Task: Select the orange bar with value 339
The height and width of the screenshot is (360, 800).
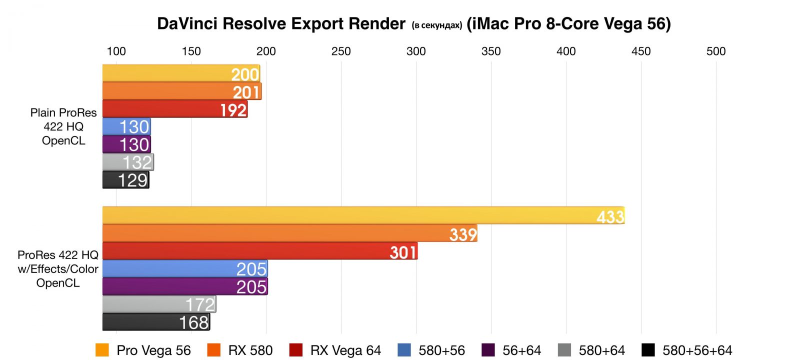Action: click(290, 233)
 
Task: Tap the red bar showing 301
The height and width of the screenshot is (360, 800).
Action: click(260, 251)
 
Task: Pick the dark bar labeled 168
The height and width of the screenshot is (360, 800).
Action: click(156, 322)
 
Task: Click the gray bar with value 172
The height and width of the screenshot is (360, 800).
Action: click(159, 304)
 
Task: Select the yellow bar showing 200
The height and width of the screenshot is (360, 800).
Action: click(181, 73)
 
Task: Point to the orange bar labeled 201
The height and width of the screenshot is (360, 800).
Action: click(182, 91)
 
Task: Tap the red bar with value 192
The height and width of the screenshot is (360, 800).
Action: click(175, 109)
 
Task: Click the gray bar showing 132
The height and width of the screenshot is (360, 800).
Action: click(128, 162)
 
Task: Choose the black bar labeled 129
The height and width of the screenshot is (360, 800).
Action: click(126, 180)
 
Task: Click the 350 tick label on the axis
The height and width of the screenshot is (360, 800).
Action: click(491, 51)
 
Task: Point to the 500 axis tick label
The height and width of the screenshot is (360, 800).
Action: click(716, 51)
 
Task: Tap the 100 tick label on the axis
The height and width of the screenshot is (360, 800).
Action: click(116, 51)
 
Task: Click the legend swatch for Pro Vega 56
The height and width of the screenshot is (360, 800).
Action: click(102, 350)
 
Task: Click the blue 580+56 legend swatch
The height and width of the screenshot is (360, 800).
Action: click(404, 350)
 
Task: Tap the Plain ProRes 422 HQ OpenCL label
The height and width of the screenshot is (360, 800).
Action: click(63, 126)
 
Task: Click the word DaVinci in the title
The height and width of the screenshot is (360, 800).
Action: click(187, 23)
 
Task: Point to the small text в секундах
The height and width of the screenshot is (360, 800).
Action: click(437, 25)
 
